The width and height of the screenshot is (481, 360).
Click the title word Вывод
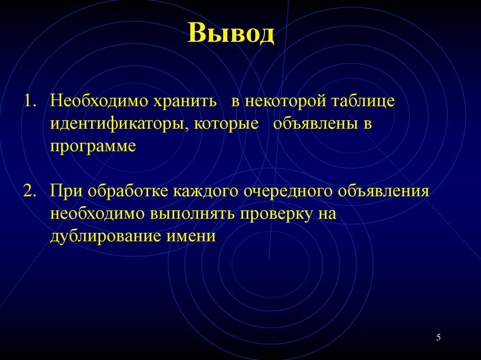pos(231,34)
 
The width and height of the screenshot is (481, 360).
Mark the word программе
pos(93,146)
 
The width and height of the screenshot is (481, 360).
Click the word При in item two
pos(66,192)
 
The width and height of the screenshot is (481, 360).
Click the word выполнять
pos(194,214)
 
